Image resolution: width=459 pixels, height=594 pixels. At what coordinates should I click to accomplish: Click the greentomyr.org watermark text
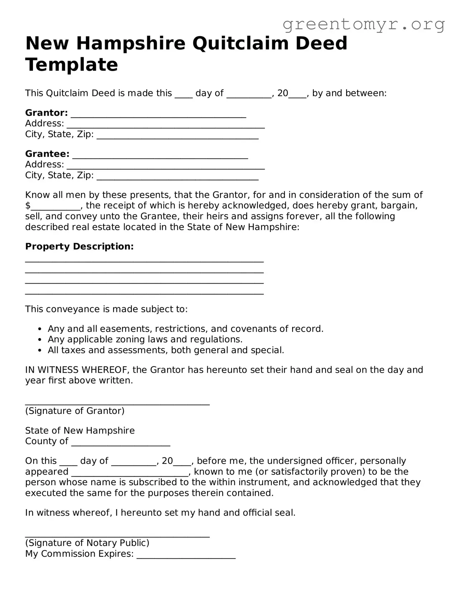pos(364,24)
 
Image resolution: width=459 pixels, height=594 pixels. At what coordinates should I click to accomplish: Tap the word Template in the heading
pos(72,65)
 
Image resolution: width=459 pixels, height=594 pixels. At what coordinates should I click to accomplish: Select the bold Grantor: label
pos(46,113)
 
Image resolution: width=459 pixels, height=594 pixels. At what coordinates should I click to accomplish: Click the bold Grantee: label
pos(47,154)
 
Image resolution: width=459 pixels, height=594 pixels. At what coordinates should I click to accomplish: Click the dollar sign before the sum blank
pos(28,206)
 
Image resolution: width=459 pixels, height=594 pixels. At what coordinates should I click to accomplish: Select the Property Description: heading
pos(79,246)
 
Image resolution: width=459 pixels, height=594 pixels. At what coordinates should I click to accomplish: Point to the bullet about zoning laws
pos(145,339)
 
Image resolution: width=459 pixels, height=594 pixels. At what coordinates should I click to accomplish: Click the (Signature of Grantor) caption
pos(74,411)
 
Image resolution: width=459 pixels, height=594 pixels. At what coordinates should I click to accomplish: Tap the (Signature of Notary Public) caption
pos(87,543)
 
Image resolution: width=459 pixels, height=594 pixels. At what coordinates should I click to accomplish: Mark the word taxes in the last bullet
pos(73,350)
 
